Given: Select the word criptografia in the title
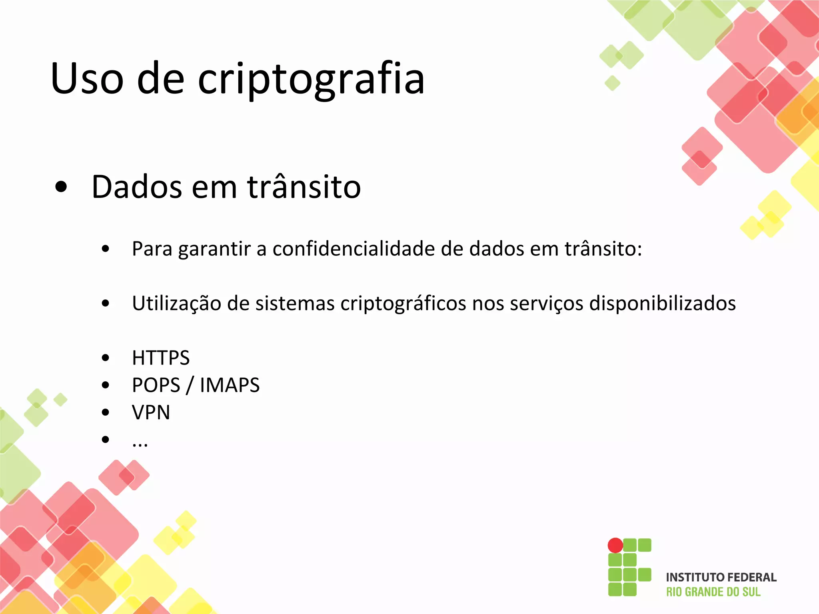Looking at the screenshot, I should pos(311,79).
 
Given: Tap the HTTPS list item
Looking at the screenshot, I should pos(161,358).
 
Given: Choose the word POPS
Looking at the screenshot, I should pos(156,385).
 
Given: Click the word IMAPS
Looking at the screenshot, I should pos(230,385).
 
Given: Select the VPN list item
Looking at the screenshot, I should pos(151,412).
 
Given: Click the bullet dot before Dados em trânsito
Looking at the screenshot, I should pos(61,187).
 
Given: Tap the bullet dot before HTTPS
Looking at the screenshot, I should pos(106,358).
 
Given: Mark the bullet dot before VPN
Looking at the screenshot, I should pos(106,412).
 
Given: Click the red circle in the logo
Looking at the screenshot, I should pos(615,545).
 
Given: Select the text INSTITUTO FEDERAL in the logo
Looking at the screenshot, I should pos(721,577).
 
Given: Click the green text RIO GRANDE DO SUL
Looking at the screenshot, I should pos(713,592).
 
